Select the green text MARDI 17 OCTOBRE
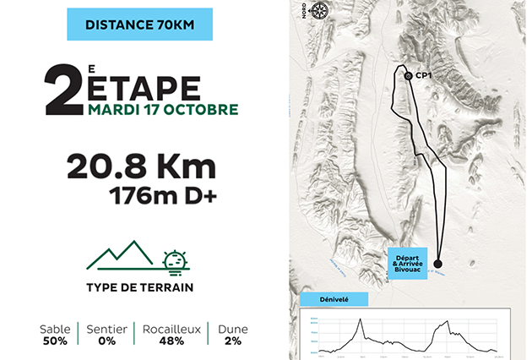pos(162,109)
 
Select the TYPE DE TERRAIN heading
pos(139,287)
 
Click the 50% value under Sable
pos(55,341)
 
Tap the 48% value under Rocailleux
pos(171,341)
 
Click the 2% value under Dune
pos(233,341)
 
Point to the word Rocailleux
pos(171,329)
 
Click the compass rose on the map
pos(318,11)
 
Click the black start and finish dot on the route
pos(437,264)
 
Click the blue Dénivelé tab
pos(334,299)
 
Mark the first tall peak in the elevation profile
pos(360,319)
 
